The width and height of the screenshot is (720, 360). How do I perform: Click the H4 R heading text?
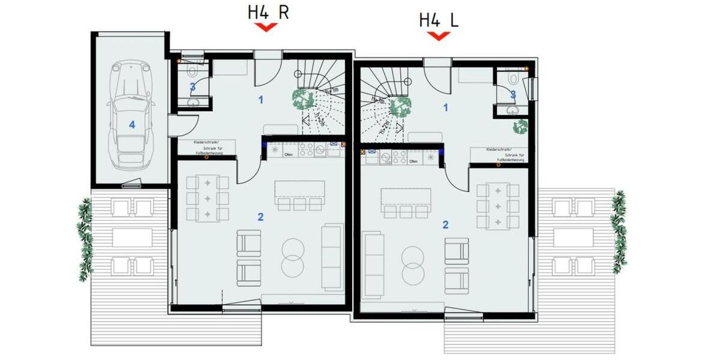point(268,13)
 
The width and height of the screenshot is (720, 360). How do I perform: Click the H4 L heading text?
point(439,19)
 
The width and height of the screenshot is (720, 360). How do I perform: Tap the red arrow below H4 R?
point(265,27)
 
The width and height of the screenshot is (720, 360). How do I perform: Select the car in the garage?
point(130,114)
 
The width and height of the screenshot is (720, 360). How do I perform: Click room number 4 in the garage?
point(132,125)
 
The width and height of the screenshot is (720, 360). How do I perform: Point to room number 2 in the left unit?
point(260,217)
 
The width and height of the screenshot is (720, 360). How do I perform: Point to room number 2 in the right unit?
point(445,224)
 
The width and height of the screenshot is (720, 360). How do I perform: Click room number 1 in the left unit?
point(261,99)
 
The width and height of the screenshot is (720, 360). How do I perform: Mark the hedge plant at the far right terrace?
point(617,231)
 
